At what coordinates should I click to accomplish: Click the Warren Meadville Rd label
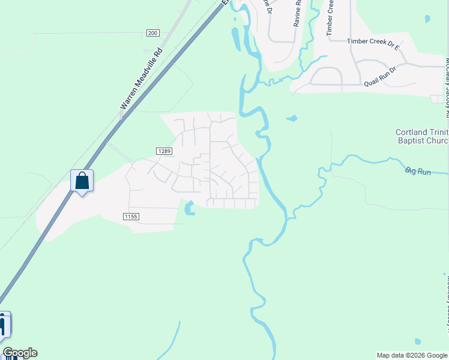(x=142, y=78)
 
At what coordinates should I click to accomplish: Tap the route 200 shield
(x=152, y=33)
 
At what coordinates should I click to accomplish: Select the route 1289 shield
(x=166, y=151)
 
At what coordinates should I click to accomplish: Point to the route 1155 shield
(x=131, y=216)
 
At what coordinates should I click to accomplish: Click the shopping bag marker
(x=82, y=181)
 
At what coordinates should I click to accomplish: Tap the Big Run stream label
(x=418, y=172)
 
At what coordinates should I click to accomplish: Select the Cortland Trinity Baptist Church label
(x=422, y=137)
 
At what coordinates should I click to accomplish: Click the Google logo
(x=20, y=353)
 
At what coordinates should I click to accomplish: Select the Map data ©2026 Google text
(x=412, y=355)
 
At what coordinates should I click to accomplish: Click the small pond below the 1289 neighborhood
(x=190, y=209)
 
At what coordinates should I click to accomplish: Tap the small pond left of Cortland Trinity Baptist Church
(x=292, y=118)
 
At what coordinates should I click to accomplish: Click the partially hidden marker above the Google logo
(x=4, y=325)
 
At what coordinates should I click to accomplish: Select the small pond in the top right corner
(x=427, y=19)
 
